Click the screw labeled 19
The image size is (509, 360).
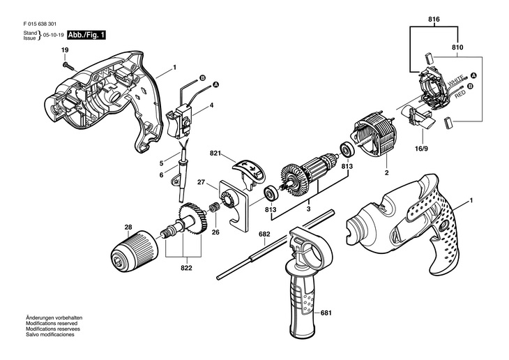[70, 66]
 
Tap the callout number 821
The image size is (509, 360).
[215, 153]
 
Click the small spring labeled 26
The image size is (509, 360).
[215, 207]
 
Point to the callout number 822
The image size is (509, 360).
[186, 268]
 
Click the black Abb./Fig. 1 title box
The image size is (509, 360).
[86, 35]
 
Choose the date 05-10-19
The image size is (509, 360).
[53, 35]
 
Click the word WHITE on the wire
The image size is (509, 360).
[455, 81]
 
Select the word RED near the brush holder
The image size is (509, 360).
[460, 95]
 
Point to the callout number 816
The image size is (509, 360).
[434, 20]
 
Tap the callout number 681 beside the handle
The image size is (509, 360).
[326, 313]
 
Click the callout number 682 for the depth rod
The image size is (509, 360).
[264, 234]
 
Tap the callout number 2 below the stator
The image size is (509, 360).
[386, 173]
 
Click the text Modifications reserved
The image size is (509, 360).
[52, 323]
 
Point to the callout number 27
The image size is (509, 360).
[202, 182]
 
